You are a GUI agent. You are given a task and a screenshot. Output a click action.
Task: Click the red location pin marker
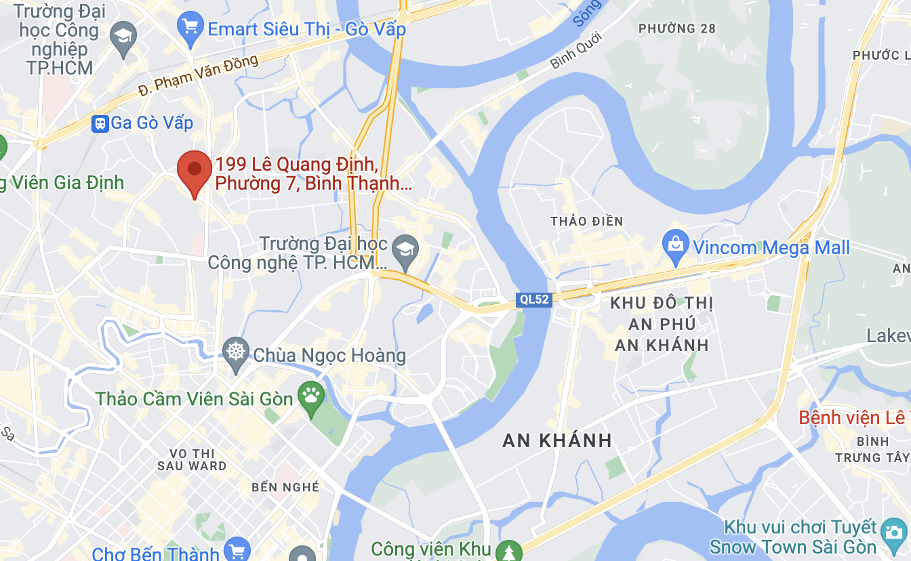(195, 169)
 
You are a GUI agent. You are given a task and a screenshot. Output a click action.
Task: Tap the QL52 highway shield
(533, 299)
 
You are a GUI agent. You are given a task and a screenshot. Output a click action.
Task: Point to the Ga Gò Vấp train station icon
(100, 123)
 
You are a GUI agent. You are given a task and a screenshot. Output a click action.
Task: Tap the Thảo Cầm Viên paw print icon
(312, 398)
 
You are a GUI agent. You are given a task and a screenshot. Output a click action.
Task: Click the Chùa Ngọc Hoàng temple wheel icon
(236, 354)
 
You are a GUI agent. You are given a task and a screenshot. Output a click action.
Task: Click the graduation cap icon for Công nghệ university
(406, 249)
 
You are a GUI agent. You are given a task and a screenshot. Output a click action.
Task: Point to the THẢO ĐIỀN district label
(586, 222)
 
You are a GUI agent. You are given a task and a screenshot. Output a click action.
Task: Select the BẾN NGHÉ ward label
(275, 487)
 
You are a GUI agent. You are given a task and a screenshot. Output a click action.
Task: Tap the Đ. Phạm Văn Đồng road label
(198, 75)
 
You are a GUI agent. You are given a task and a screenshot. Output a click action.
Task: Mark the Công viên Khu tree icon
(508, 551)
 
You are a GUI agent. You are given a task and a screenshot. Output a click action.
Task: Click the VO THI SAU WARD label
(192, 459)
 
